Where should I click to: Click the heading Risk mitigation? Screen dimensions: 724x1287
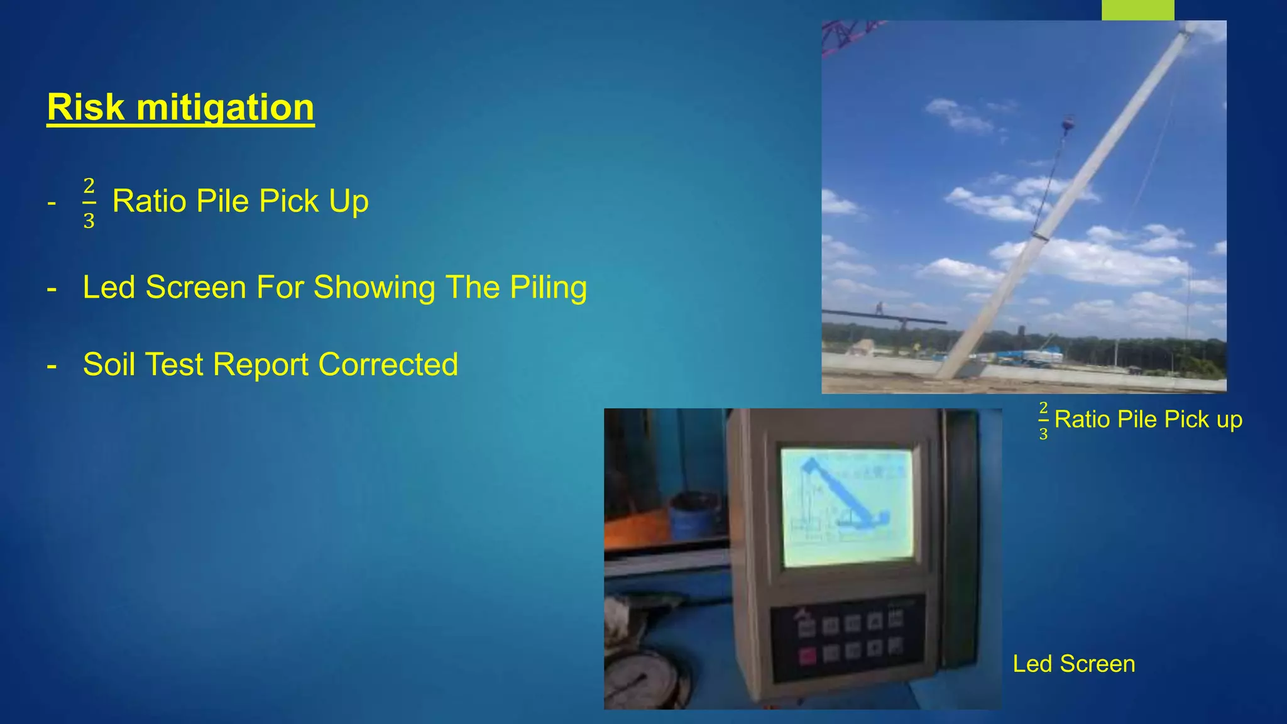click(180, 107)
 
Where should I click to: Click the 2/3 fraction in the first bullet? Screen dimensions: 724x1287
click(89, 203)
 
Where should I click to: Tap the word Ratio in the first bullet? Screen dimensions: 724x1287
click(150, 202)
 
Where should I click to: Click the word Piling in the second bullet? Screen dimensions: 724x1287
click(548, 288)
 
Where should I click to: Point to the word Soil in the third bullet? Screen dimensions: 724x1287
click(109, 365)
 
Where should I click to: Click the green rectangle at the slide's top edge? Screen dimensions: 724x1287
click(1137, 9)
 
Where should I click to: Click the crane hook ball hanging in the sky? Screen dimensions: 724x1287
click(1068, 124)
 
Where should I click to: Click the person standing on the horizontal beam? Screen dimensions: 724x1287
click(880, 309)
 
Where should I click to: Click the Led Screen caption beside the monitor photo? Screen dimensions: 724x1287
click(1073, 664)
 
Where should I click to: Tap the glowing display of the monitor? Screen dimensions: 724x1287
click(846, 506)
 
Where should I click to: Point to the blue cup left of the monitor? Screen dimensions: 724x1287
click(694, 516)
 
